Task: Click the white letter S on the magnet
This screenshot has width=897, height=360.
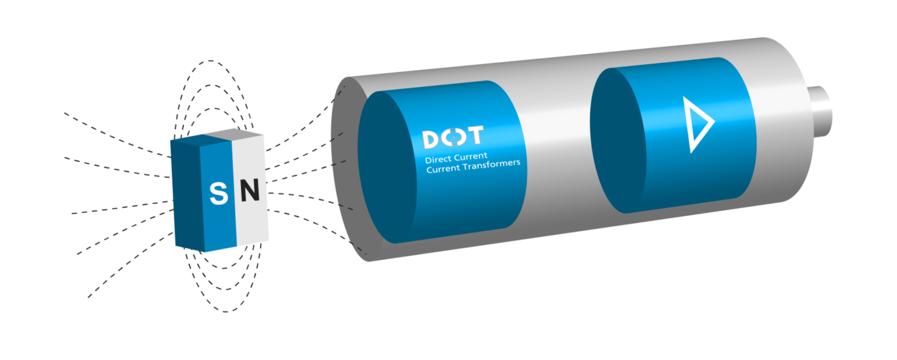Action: (x=219, y=193)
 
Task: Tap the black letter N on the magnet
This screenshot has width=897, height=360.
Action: (x=250, y=190)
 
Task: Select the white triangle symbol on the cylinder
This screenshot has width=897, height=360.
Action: (x=698, y=124)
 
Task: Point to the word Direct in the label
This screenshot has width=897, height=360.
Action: (x=438, y=159)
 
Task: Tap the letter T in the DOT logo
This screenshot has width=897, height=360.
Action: (x=475, y=135)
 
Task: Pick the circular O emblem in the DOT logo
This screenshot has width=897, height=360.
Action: (x=453, y=137)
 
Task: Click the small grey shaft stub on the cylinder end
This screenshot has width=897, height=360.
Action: (x=820, y=111)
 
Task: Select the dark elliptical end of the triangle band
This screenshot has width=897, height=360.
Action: (x=618, y=140)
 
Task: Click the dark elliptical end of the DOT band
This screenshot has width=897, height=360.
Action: (x=387, y=168)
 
